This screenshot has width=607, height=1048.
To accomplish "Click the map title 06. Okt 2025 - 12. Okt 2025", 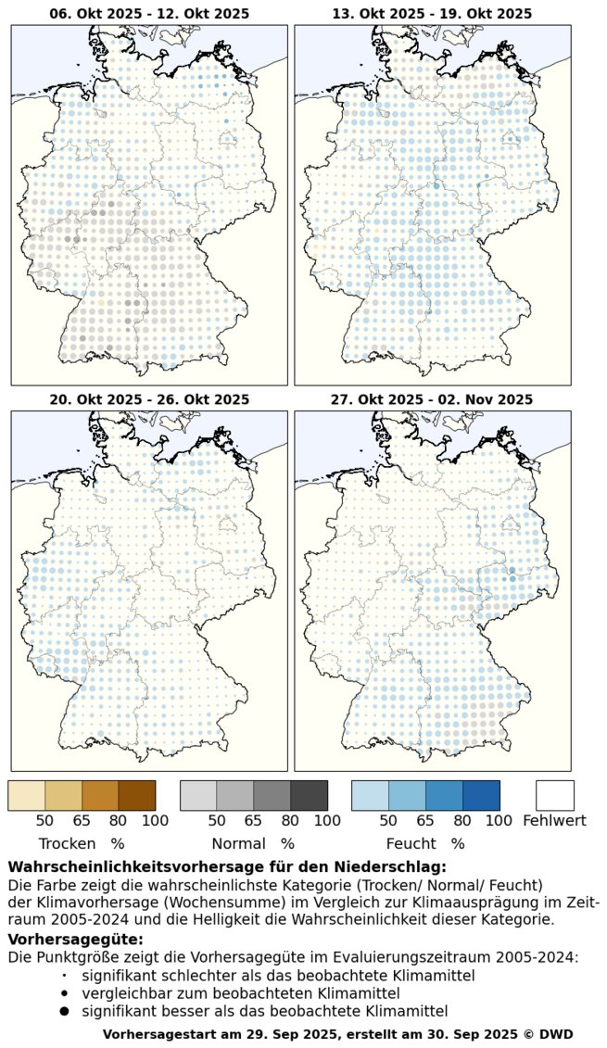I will point(149,13).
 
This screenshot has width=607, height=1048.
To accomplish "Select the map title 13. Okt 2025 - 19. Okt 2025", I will point(432,13).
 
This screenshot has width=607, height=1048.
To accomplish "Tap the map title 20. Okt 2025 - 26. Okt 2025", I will point(149,399).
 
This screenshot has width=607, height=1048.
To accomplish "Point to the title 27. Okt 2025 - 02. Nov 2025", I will point(432,399).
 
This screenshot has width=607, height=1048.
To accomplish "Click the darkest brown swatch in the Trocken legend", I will point(137,795).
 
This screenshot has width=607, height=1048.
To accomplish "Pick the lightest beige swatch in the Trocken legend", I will point(26,795).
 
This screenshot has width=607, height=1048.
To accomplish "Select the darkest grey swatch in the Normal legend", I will point(309,795).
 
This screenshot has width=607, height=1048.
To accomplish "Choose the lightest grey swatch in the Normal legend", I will point(198,795).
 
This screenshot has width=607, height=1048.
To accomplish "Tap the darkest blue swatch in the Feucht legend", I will point(481,795).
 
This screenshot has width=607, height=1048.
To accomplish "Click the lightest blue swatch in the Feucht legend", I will point(370,795).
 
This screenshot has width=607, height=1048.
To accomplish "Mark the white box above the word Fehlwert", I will point(555,795).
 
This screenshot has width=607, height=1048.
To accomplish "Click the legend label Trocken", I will point(67,844).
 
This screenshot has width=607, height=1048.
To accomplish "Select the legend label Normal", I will point(238,844).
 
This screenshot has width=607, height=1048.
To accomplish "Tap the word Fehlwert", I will point(555,820).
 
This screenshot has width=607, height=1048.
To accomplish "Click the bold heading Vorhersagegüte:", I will point(76,940).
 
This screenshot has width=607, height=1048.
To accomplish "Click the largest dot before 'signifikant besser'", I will point(64,1011).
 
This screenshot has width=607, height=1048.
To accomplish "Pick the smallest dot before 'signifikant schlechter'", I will point(64,976).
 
